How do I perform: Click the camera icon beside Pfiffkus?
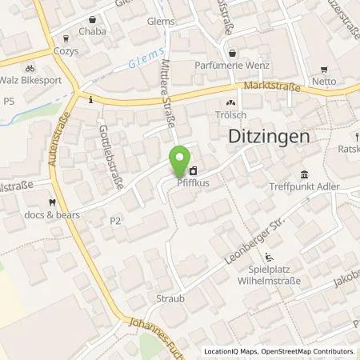(x=194, y=170)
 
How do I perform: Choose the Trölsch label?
(x=232, y=116)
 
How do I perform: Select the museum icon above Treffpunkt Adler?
(x=304, y=174)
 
